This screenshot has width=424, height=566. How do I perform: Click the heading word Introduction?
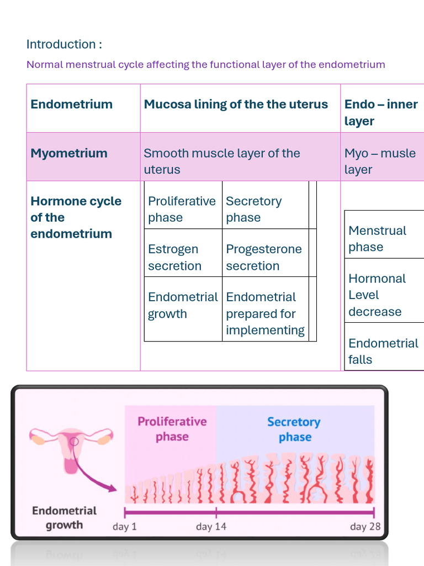61,44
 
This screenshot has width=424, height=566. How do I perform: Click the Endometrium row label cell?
83,108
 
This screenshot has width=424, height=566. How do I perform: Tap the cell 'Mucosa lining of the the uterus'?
240,108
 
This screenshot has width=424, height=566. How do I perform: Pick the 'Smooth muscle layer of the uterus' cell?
240,156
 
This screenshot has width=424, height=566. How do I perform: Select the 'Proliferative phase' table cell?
183,205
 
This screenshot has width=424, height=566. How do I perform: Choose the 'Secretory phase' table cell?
266,205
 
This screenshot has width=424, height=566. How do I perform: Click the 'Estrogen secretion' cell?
183,253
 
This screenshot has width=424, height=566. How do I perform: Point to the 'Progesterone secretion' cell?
266,253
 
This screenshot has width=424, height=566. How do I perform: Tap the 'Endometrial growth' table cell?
183,309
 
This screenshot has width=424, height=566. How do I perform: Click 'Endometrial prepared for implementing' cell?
266,309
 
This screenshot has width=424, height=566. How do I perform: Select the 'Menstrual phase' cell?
384,234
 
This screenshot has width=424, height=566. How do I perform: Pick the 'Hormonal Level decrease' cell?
384,291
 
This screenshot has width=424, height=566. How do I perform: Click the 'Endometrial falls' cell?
384,347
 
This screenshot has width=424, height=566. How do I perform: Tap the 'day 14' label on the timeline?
211,527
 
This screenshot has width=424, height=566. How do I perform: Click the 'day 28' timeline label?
365,527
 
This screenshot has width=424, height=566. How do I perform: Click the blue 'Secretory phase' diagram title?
294,429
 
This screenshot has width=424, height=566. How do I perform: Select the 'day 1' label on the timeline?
125,527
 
